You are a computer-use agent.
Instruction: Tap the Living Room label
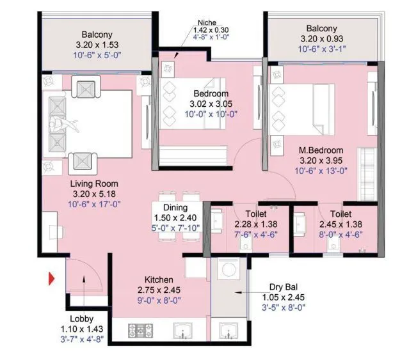(x=94, y=184)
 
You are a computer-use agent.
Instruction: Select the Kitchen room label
(x=158, y=280)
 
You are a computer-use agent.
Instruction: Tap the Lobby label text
(x=81, y=319)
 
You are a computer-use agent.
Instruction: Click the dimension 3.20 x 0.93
(x=321, y=38)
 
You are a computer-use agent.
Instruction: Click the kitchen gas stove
(x=141, y=331)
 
